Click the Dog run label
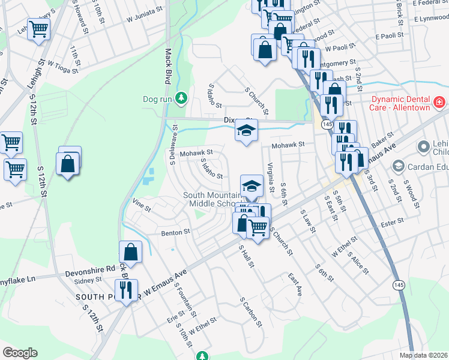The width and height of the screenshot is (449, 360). coord(158,99)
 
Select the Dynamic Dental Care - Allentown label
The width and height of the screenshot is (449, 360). coord(400,103)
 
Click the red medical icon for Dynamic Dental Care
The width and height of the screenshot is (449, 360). coord(439,103)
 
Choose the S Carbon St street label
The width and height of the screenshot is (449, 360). coord(252,311)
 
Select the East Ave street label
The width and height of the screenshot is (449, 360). coord(294,285)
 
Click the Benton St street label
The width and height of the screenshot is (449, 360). coord(175,231)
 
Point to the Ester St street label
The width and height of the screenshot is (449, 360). coord(393,222)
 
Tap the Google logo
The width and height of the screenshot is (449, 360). coord(20,352)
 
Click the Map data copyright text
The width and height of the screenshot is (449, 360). coord(424,355)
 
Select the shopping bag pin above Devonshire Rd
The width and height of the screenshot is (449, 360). coord(130,253)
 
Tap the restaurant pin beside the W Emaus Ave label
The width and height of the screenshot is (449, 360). coord(125,290)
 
